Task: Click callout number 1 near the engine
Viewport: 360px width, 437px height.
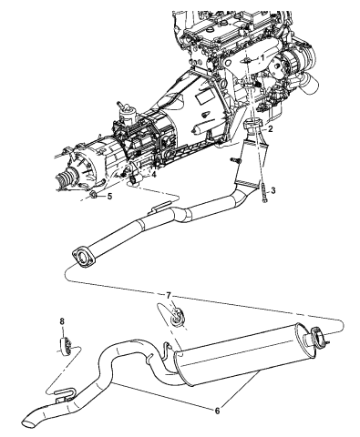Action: tap(262, 57)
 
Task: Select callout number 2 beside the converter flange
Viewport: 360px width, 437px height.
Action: tap(270, 129)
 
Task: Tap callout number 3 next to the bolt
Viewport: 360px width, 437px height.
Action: tap(273, 190)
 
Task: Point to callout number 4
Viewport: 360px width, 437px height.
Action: tap(154, 175)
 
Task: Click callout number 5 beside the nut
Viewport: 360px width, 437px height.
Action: tap(109, 197)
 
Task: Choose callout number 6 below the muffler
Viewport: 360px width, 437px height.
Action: tap(217, 411)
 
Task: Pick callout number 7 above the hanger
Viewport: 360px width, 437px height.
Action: tap(169, 295)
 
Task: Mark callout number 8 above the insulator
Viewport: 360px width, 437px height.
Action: tap(62, 320)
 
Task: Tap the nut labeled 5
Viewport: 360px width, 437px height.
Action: tap(94, 195)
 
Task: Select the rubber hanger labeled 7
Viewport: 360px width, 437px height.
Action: tap(177, 317)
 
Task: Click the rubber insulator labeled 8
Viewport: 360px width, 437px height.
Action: tap(66, 346)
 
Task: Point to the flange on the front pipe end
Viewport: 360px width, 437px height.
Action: tap(84, 258)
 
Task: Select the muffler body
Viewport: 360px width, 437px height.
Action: tap(237, 355)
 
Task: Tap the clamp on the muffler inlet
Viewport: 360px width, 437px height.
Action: tap(317, 336)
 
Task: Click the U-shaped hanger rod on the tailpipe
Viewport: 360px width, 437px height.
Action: tap(66, 391)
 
